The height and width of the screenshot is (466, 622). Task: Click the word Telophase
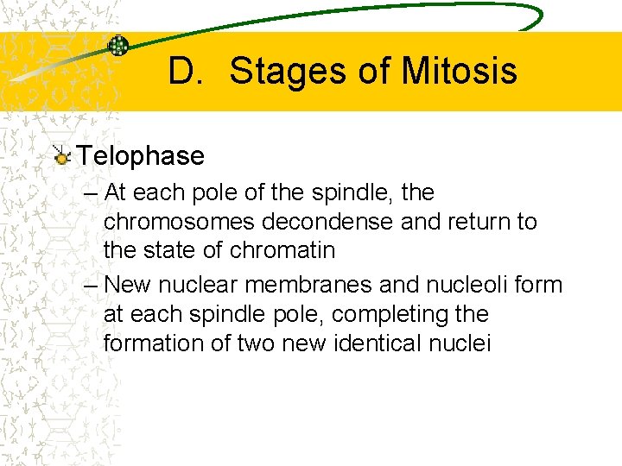[140, 156]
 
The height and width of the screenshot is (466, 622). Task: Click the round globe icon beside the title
[118, 47]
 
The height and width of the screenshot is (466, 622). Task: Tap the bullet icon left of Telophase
[61, 156]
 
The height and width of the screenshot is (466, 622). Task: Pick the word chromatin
[282, 251]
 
